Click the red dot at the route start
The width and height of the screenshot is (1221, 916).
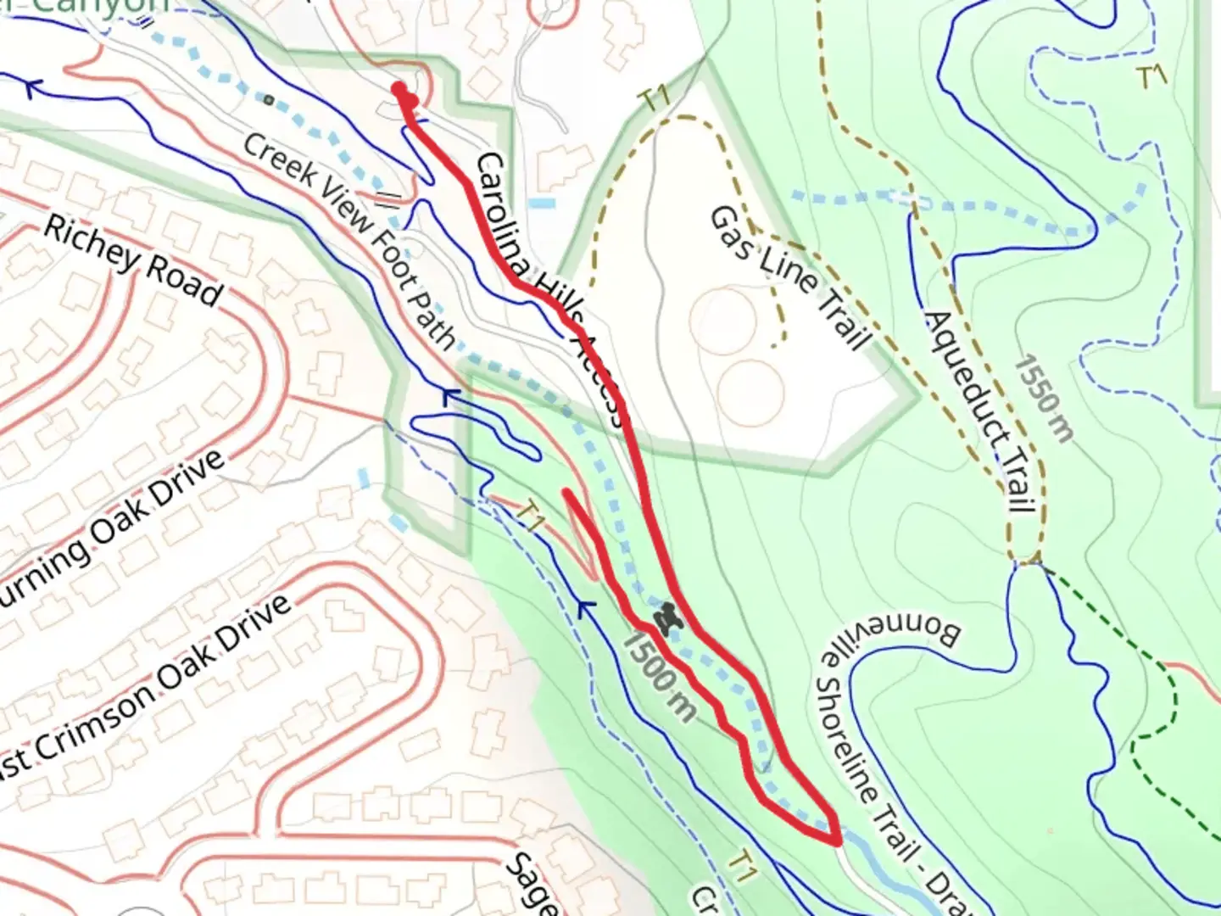[x=399, y=88]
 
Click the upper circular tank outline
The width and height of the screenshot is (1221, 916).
[x=722, y=320]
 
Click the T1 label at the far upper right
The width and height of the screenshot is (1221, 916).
[x=1151, y=78]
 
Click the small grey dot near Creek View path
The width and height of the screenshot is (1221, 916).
[x=269, y=100]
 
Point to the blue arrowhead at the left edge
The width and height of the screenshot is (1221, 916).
[x=31, y=86]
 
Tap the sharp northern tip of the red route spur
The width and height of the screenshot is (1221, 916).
[x=566, y=491]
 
